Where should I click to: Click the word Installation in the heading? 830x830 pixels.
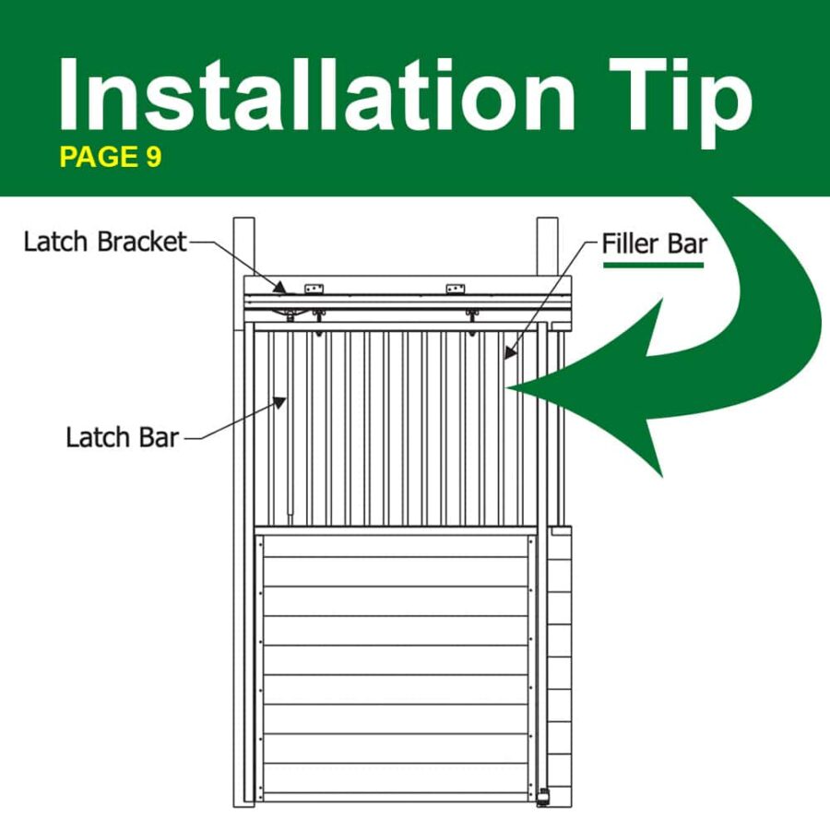(x=317, y=94)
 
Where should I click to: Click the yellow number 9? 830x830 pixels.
(x=153, y=157)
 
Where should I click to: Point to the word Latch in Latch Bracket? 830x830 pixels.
(x=55, y=242)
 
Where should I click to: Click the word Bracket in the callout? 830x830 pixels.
(x=142, y=242)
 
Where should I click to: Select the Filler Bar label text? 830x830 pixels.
(x=654, y=244)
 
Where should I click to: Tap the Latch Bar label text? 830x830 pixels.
(x=123, y=438)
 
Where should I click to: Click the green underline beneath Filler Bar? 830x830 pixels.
(x=653, y=265)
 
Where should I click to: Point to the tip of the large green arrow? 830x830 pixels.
(x=507, y=388)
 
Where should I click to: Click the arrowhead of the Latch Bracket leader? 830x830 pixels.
(x=280, y=288)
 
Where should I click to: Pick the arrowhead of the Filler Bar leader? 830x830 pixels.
(x=509, y=352)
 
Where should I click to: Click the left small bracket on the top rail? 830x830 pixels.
(x=314, y=289)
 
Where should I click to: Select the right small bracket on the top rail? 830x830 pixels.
(x=456, y=289)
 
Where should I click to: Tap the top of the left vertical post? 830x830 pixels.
(x=244, y=219)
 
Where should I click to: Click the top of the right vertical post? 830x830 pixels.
(x=547, y=219)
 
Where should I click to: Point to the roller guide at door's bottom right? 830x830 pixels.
(x=543, y=797)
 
